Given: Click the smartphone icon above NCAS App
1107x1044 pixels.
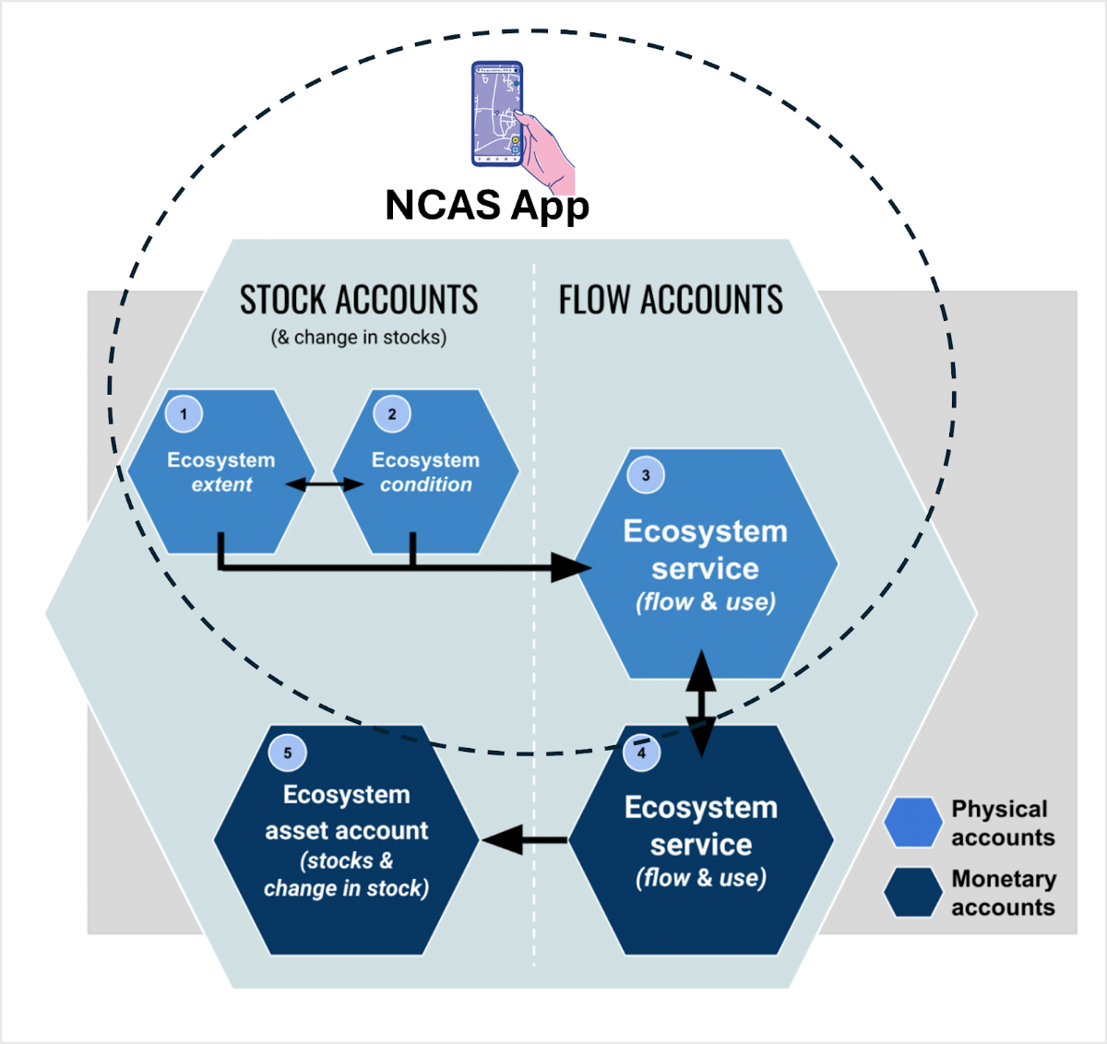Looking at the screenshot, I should click(496, 113).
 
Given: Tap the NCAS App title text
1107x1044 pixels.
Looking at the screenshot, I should click(487, 206).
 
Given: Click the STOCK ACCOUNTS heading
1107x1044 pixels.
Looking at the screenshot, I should click(359, 301).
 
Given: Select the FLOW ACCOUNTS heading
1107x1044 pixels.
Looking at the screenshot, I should click(671, 301).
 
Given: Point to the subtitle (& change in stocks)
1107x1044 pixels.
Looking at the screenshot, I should click(358, 338).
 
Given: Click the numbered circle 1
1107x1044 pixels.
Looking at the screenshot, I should click(184, 414).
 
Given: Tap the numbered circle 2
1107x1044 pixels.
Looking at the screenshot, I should click(392, 414).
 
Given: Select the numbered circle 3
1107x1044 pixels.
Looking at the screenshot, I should click(646, 475).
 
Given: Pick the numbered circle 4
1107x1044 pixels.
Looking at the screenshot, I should click(641, 752).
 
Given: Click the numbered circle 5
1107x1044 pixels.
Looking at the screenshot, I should click(287, 753).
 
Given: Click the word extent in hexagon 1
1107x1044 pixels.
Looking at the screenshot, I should click(221, 485).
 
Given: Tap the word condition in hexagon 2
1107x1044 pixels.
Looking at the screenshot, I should click(425, 485).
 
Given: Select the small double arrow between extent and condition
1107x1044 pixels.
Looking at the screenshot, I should click(324, 484).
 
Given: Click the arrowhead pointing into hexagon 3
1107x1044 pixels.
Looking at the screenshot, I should click(572, 567).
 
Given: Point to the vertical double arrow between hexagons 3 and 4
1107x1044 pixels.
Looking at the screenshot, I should click(701, 703).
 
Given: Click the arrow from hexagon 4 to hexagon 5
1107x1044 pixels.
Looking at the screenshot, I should click(523, 839).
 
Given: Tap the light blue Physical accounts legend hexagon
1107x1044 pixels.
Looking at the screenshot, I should click(912, 823).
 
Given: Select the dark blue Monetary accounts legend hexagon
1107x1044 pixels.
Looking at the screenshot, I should click(912, 893).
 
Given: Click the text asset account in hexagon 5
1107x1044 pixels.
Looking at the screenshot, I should click(346, 831).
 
